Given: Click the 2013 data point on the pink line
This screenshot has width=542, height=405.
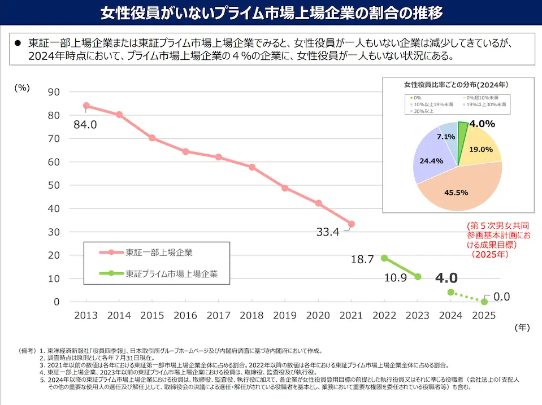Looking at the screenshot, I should tap(86, 106).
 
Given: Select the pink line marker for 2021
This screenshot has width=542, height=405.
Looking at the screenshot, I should tap(352, 224).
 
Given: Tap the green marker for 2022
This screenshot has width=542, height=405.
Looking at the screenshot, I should tap(384, 258).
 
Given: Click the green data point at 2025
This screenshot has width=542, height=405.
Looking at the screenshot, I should tap(484, 302).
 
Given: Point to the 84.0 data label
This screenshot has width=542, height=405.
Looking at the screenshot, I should tap(85, 124).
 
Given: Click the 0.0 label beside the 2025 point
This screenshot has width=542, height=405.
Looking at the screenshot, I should tap(502, 297).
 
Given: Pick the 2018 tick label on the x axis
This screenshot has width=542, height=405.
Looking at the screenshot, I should tap(252, 316).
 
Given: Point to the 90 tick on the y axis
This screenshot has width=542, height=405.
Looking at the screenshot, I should tap(53, 92).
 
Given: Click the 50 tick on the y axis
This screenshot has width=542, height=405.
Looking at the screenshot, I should tap(53, 185).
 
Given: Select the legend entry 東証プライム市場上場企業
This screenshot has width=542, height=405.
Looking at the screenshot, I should tap(171, 274).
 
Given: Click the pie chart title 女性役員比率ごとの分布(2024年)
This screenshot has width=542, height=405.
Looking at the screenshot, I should tap(457, 85).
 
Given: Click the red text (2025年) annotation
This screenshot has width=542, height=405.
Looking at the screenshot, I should tap(489, 254).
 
